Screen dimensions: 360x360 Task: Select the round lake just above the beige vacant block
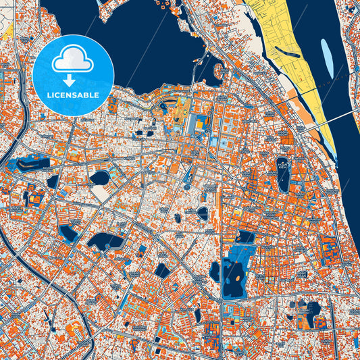[100, 178]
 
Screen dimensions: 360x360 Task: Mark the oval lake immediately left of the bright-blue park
[215, 271]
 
